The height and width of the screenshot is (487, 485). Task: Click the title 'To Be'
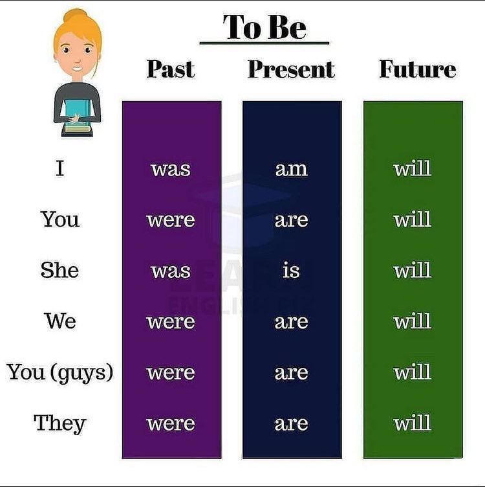(x=264, y=27)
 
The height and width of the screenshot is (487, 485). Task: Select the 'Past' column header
(x=171, y=69)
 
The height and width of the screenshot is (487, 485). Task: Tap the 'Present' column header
(x=291, y=69)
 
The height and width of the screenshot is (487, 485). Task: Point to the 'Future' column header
(x=417, y=69)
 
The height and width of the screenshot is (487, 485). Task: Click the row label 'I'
(x=60, y=168)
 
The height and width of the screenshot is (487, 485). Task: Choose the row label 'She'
(x=59, y=270)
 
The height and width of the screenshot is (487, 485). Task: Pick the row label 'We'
(x=60, y=321)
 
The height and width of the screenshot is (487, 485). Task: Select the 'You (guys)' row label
(x=60, y=372)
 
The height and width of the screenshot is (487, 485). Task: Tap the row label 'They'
(x=59, y=423)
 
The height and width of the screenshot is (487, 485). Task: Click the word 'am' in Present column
(x=291, y=169)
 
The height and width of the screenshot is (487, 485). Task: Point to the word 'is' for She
(x=291, y=270)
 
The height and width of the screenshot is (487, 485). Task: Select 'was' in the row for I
(x=171, y=169)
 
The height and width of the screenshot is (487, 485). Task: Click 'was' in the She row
(x=171, y=271)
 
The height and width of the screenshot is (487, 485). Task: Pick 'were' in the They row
(x=171, y=424)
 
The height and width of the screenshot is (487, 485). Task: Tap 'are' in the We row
(x=291, y=322)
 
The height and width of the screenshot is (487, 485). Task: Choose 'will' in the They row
(x=412, y=423)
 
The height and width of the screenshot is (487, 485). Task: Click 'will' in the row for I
(x=412, y=168)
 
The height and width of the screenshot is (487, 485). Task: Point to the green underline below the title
(x=264, y=43)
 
